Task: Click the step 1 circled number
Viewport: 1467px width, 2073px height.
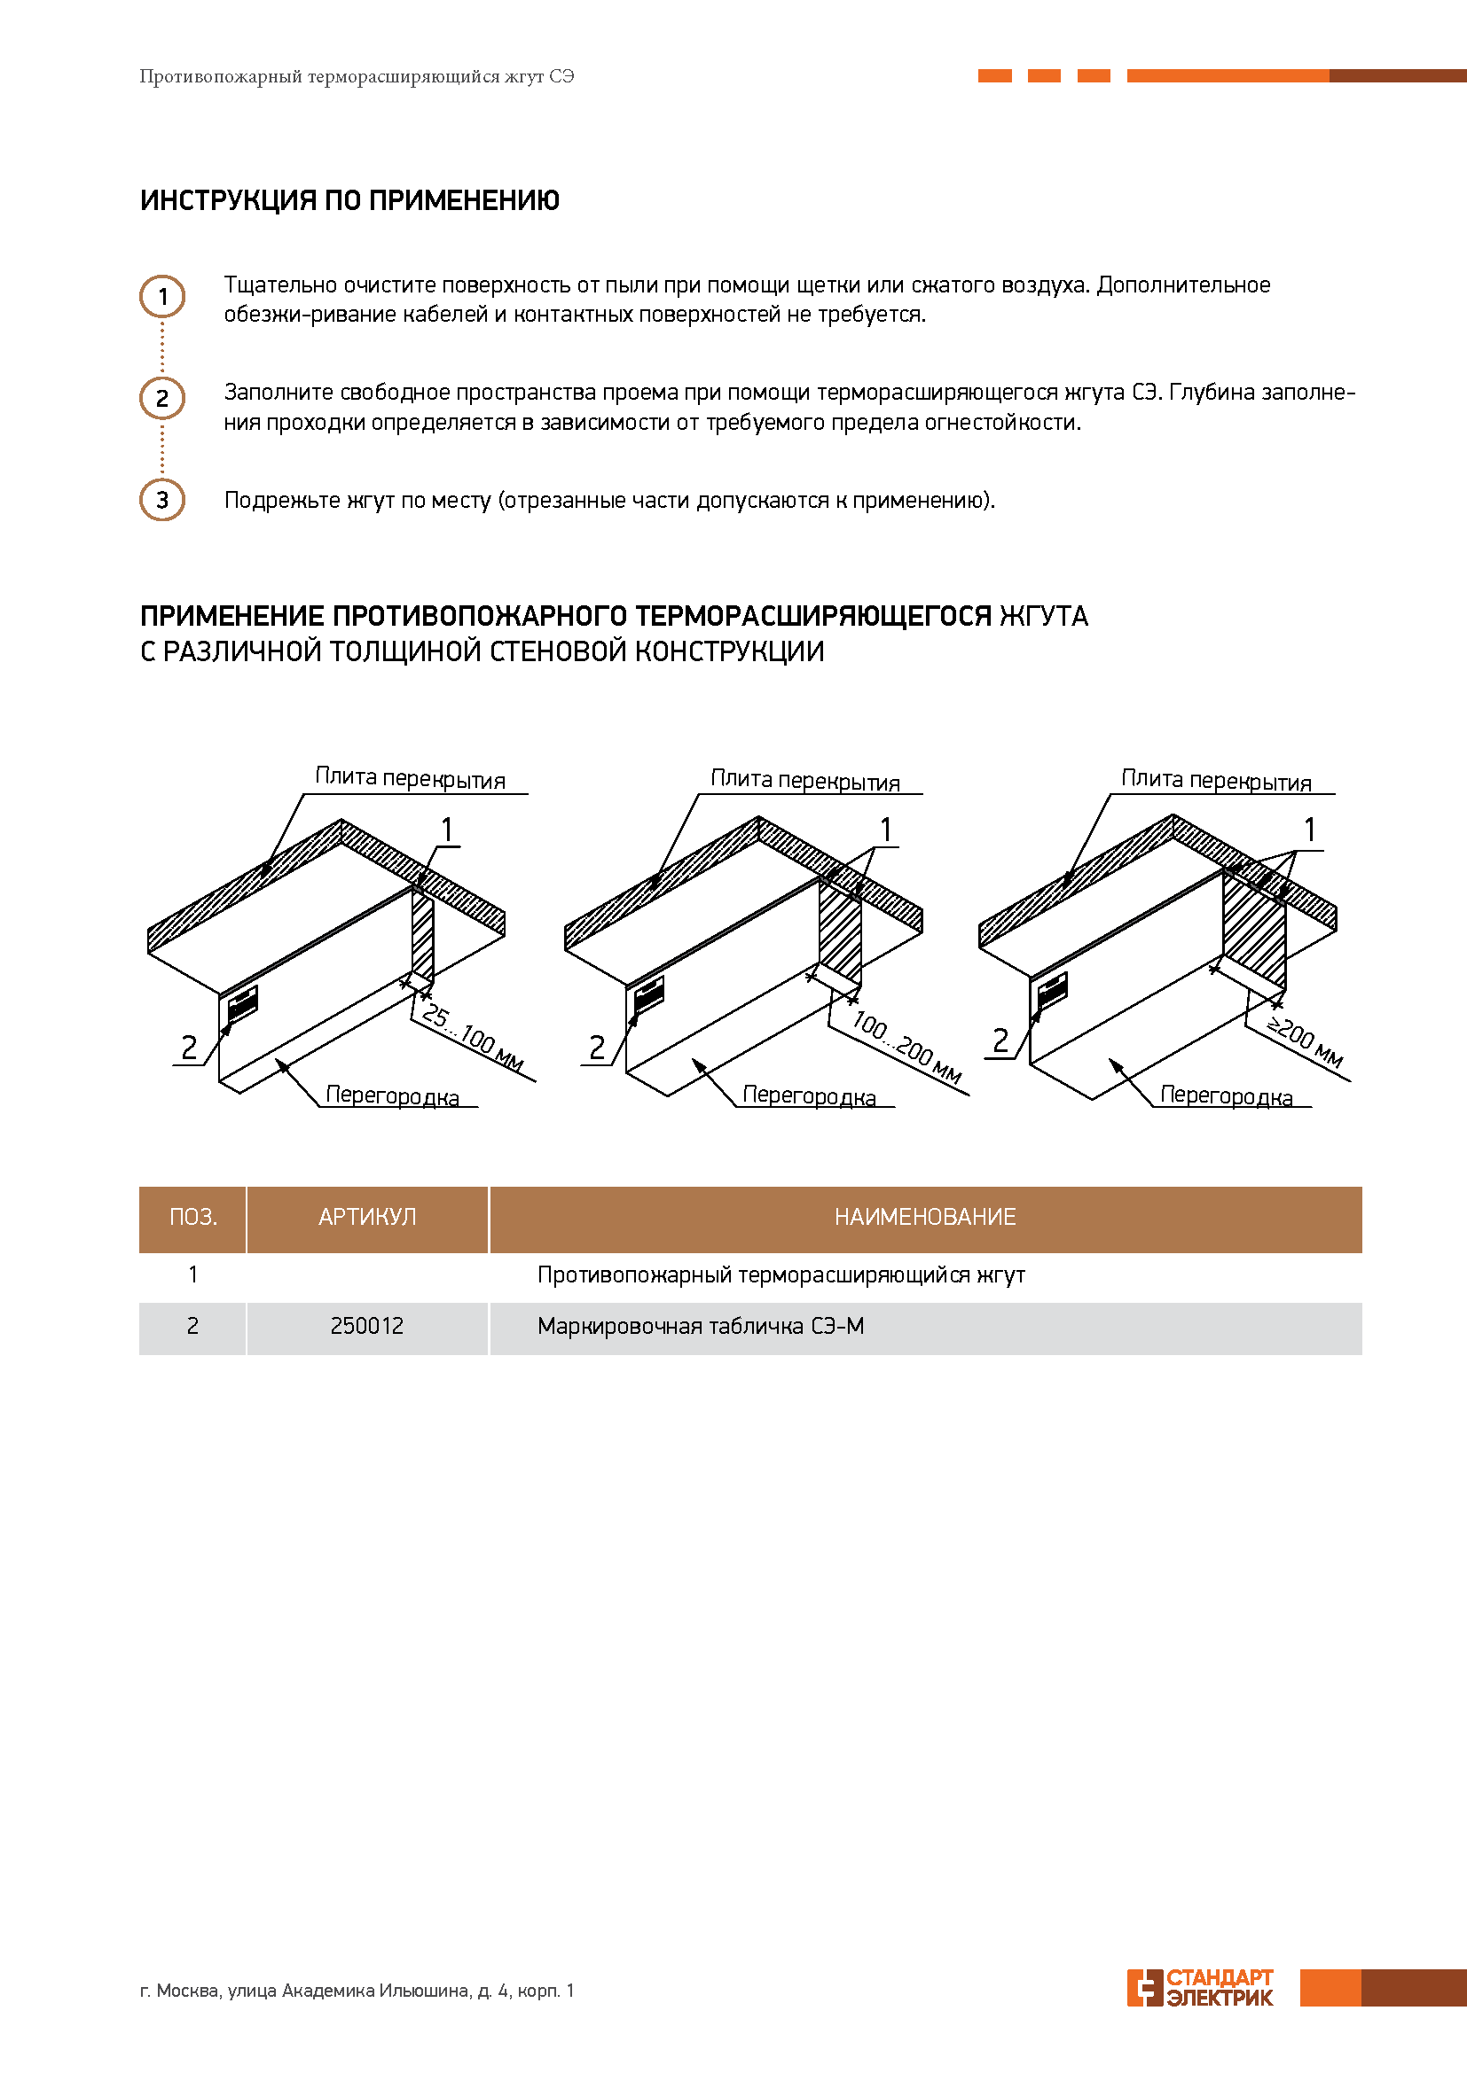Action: click(161, 296)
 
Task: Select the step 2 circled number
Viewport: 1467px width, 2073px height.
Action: click(161, 398)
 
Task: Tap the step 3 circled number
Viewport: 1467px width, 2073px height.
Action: click(161, 499)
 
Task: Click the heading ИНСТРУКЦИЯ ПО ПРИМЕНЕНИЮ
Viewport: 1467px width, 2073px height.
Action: click(349, 199)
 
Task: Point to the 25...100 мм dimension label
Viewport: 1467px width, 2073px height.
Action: click(473, 1038)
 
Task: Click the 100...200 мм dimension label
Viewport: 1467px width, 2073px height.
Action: click(906, 1047)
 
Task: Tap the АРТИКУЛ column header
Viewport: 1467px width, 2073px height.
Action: click(367, 1217)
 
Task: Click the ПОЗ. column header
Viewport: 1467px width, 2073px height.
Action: click(192, 1217)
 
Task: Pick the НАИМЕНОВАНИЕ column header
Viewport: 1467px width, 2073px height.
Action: click(924, 1217)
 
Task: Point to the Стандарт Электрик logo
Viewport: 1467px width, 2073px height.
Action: click(1201, 1988)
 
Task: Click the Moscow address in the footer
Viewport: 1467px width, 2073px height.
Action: click(357, 1990)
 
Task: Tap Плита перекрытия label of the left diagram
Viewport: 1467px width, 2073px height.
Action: click(409, 778)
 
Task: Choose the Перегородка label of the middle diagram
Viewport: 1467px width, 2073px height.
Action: click(809, 1095)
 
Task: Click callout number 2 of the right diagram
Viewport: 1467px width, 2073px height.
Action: click(1000, 1040)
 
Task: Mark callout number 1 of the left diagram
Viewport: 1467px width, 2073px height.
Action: click(446, 829)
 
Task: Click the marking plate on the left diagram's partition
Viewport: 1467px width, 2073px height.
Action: click(242, 1003)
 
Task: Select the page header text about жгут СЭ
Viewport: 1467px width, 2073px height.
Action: click(357, 77)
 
